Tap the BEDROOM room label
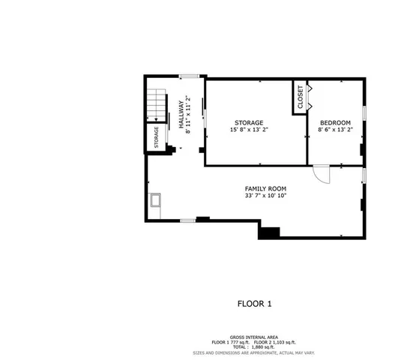[x=334, y=122]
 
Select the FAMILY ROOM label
[x=265, y=188]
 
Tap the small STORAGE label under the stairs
[x=157, y=137]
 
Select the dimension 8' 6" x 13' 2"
[x=334, y=130]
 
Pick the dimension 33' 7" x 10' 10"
[x=265, y=196]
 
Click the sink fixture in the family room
[x=156, y=200]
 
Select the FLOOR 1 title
[x=254, y=304]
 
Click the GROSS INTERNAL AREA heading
[x=254, y=337]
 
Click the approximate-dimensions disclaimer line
[x=254, y=352]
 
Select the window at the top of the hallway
[x=189, y=76]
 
